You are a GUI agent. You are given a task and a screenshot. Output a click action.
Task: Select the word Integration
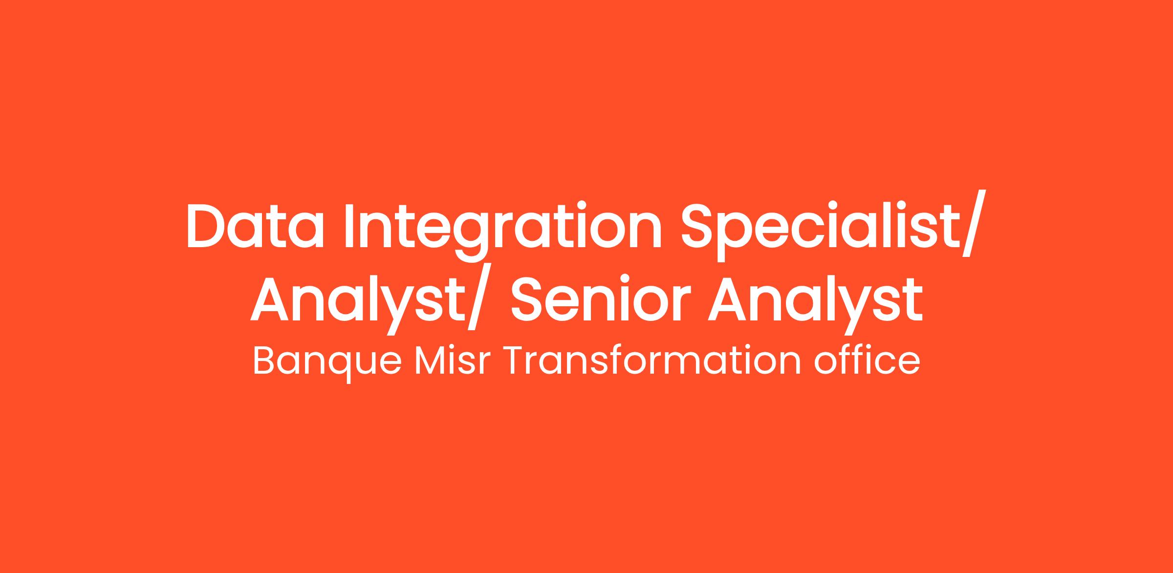pos(503,233)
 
